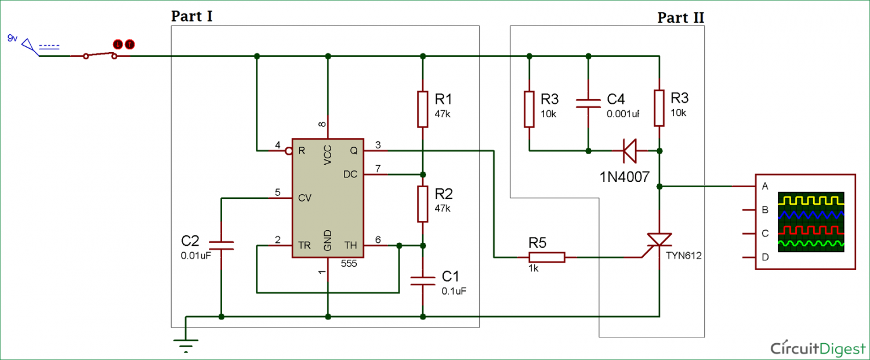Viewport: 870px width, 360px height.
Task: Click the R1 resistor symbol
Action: pyautogui.click(x=423, y=108)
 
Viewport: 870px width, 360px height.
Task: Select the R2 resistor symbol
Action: pyautogui.click(x=423, y=204)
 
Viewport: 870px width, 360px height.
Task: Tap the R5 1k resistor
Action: pyautogui.click(x=546, y=256)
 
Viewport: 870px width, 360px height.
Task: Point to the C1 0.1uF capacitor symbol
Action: pyautogui.click(x=423, y=281)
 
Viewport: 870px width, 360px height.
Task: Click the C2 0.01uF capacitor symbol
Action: pyautogui.click(x=221, y=246)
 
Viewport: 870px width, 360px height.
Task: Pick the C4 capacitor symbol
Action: pyautogui.click(x=588, y=103)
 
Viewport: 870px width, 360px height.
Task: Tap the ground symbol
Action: pyautogui.click(x=186, y=344)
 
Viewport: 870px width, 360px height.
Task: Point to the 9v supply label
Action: pyautogui.click(x=12, y=38)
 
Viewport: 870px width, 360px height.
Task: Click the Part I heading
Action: pyautogui.click(x=191, y=16)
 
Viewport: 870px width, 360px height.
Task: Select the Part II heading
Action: pyautogui.click(x=680, y=17)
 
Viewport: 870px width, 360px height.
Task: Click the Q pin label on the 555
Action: pyautogui.click(x=353, y=151)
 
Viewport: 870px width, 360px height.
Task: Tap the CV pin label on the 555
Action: pyautogui.click(x=304, y=198)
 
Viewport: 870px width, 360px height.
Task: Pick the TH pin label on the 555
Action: pyautogui.click(x=351, y=245)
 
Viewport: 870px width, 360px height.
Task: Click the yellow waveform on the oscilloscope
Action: pyautogui.click(x=810, y=201)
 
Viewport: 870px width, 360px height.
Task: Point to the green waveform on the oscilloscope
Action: pyautogui.click(x=810, y=244)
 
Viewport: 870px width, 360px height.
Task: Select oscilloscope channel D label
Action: pyautogui.click(x=765, y=257)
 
